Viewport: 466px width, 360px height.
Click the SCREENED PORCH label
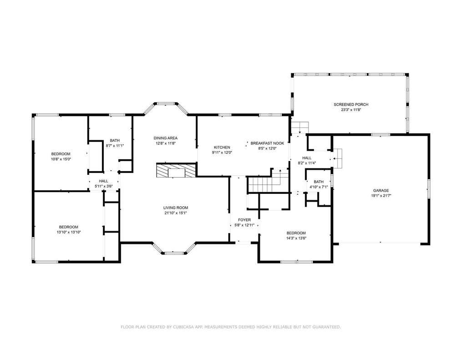351,104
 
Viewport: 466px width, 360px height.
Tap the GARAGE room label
381,191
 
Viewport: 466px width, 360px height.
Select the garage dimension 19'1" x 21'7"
381,196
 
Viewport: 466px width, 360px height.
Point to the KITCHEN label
222,147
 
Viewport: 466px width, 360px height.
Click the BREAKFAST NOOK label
267,143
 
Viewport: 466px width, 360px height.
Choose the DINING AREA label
166,138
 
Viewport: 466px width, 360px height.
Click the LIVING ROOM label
176,208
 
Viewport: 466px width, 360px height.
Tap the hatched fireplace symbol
177,170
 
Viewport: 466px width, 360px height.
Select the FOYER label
244,220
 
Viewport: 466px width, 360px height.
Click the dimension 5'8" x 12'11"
244,225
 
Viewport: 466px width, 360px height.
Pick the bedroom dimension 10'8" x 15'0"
61,159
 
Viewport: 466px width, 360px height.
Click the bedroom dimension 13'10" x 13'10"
69,232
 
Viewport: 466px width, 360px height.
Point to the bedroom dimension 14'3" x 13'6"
296,238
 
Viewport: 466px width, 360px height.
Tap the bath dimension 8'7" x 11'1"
115,146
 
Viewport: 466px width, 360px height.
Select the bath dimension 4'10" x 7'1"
319,187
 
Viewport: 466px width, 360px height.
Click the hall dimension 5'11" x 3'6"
103,187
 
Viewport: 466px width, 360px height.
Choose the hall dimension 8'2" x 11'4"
307,163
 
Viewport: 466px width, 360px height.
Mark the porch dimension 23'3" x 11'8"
351,110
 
